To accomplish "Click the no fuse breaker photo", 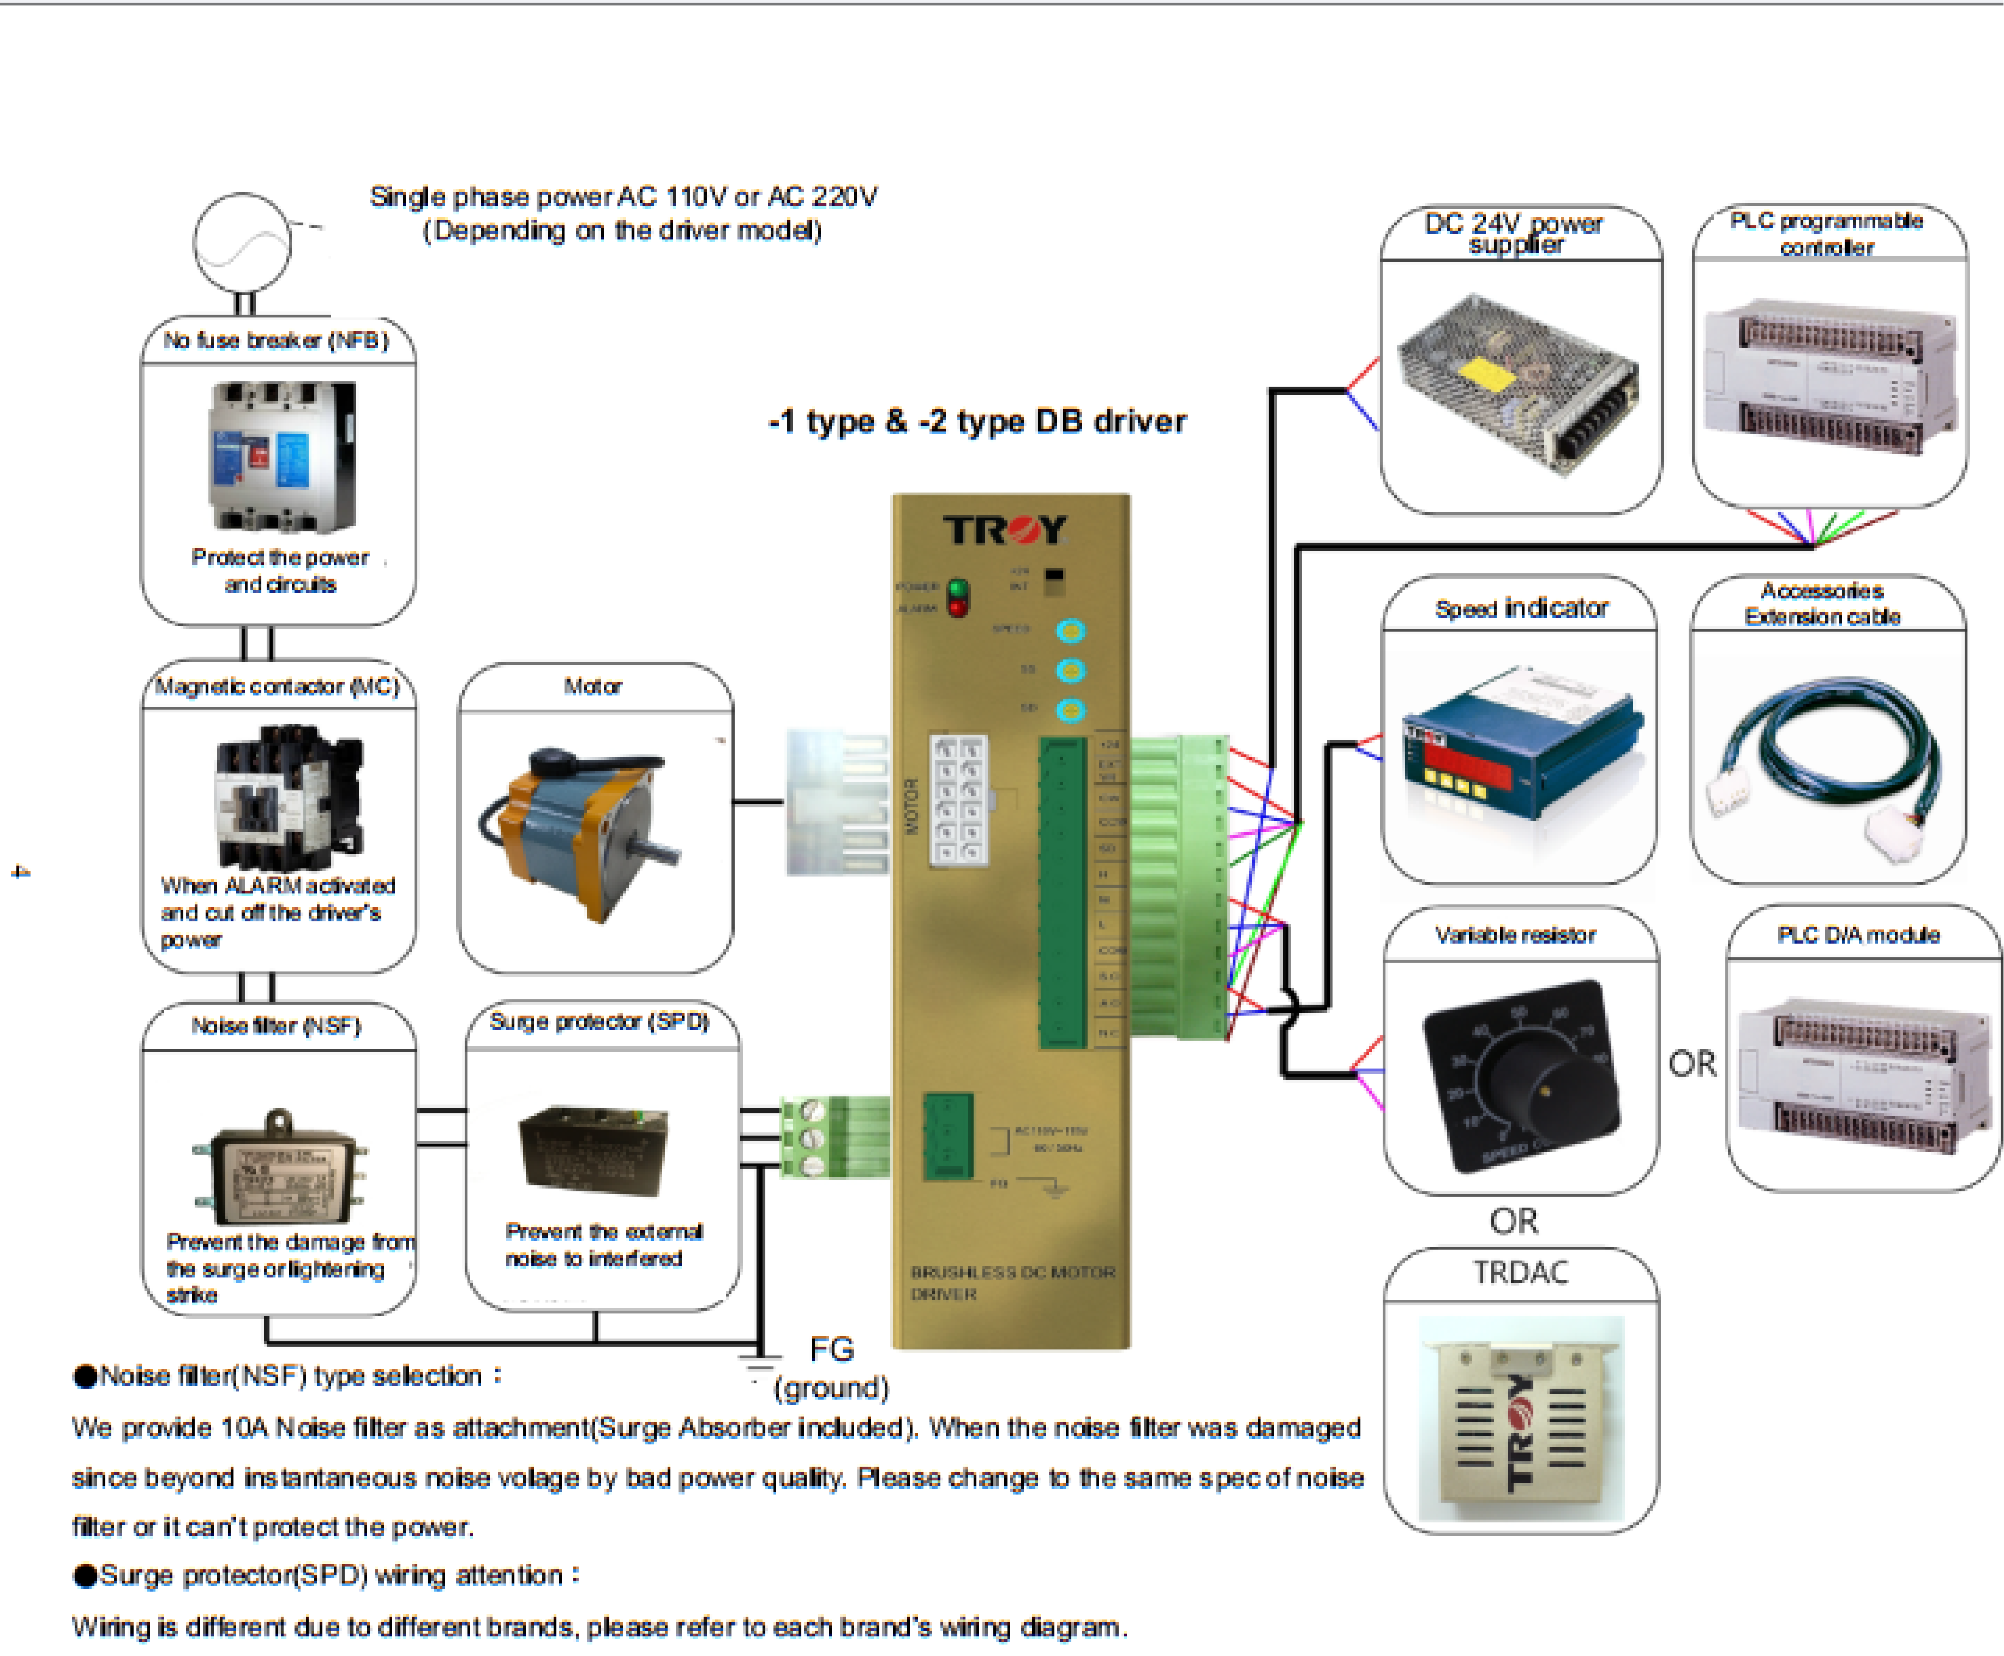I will [283, 456].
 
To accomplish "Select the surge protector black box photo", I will [593, 1149].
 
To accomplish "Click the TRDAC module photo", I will [1520, 1418].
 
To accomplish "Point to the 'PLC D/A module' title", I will [1857, 935].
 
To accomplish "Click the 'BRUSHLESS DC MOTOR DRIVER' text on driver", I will [1011, 1282].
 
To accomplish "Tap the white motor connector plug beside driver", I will [836, 801].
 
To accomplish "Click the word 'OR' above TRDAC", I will [1514, 1221].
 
